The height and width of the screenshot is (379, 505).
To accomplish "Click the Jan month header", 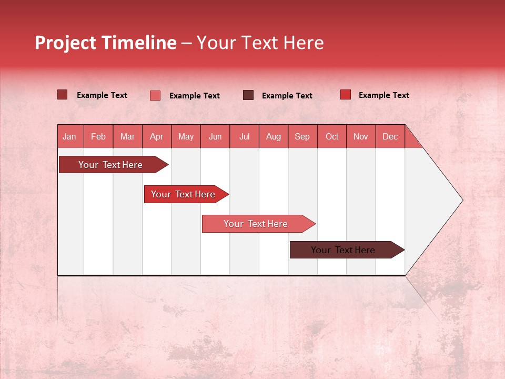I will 70,136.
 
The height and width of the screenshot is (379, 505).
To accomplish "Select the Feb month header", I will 98,136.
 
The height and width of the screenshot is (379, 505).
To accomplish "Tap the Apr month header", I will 157,136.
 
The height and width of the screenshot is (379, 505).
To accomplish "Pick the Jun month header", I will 215,136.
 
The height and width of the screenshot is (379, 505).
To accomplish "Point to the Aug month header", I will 274,136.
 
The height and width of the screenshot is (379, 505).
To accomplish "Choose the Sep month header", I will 302,136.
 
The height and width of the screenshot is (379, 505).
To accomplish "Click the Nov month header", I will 361,136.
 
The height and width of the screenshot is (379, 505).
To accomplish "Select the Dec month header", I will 390,136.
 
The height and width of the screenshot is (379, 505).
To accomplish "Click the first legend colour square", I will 63,95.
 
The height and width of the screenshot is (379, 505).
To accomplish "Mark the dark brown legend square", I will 248,95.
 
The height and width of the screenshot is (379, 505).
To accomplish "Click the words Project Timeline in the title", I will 106,43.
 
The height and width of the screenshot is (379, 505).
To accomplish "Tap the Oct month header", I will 332,136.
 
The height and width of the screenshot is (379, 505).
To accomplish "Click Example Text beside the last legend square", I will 383,95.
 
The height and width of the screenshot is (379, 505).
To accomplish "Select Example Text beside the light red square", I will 194,96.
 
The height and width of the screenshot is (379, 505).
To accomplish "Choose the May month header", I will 186,136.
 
